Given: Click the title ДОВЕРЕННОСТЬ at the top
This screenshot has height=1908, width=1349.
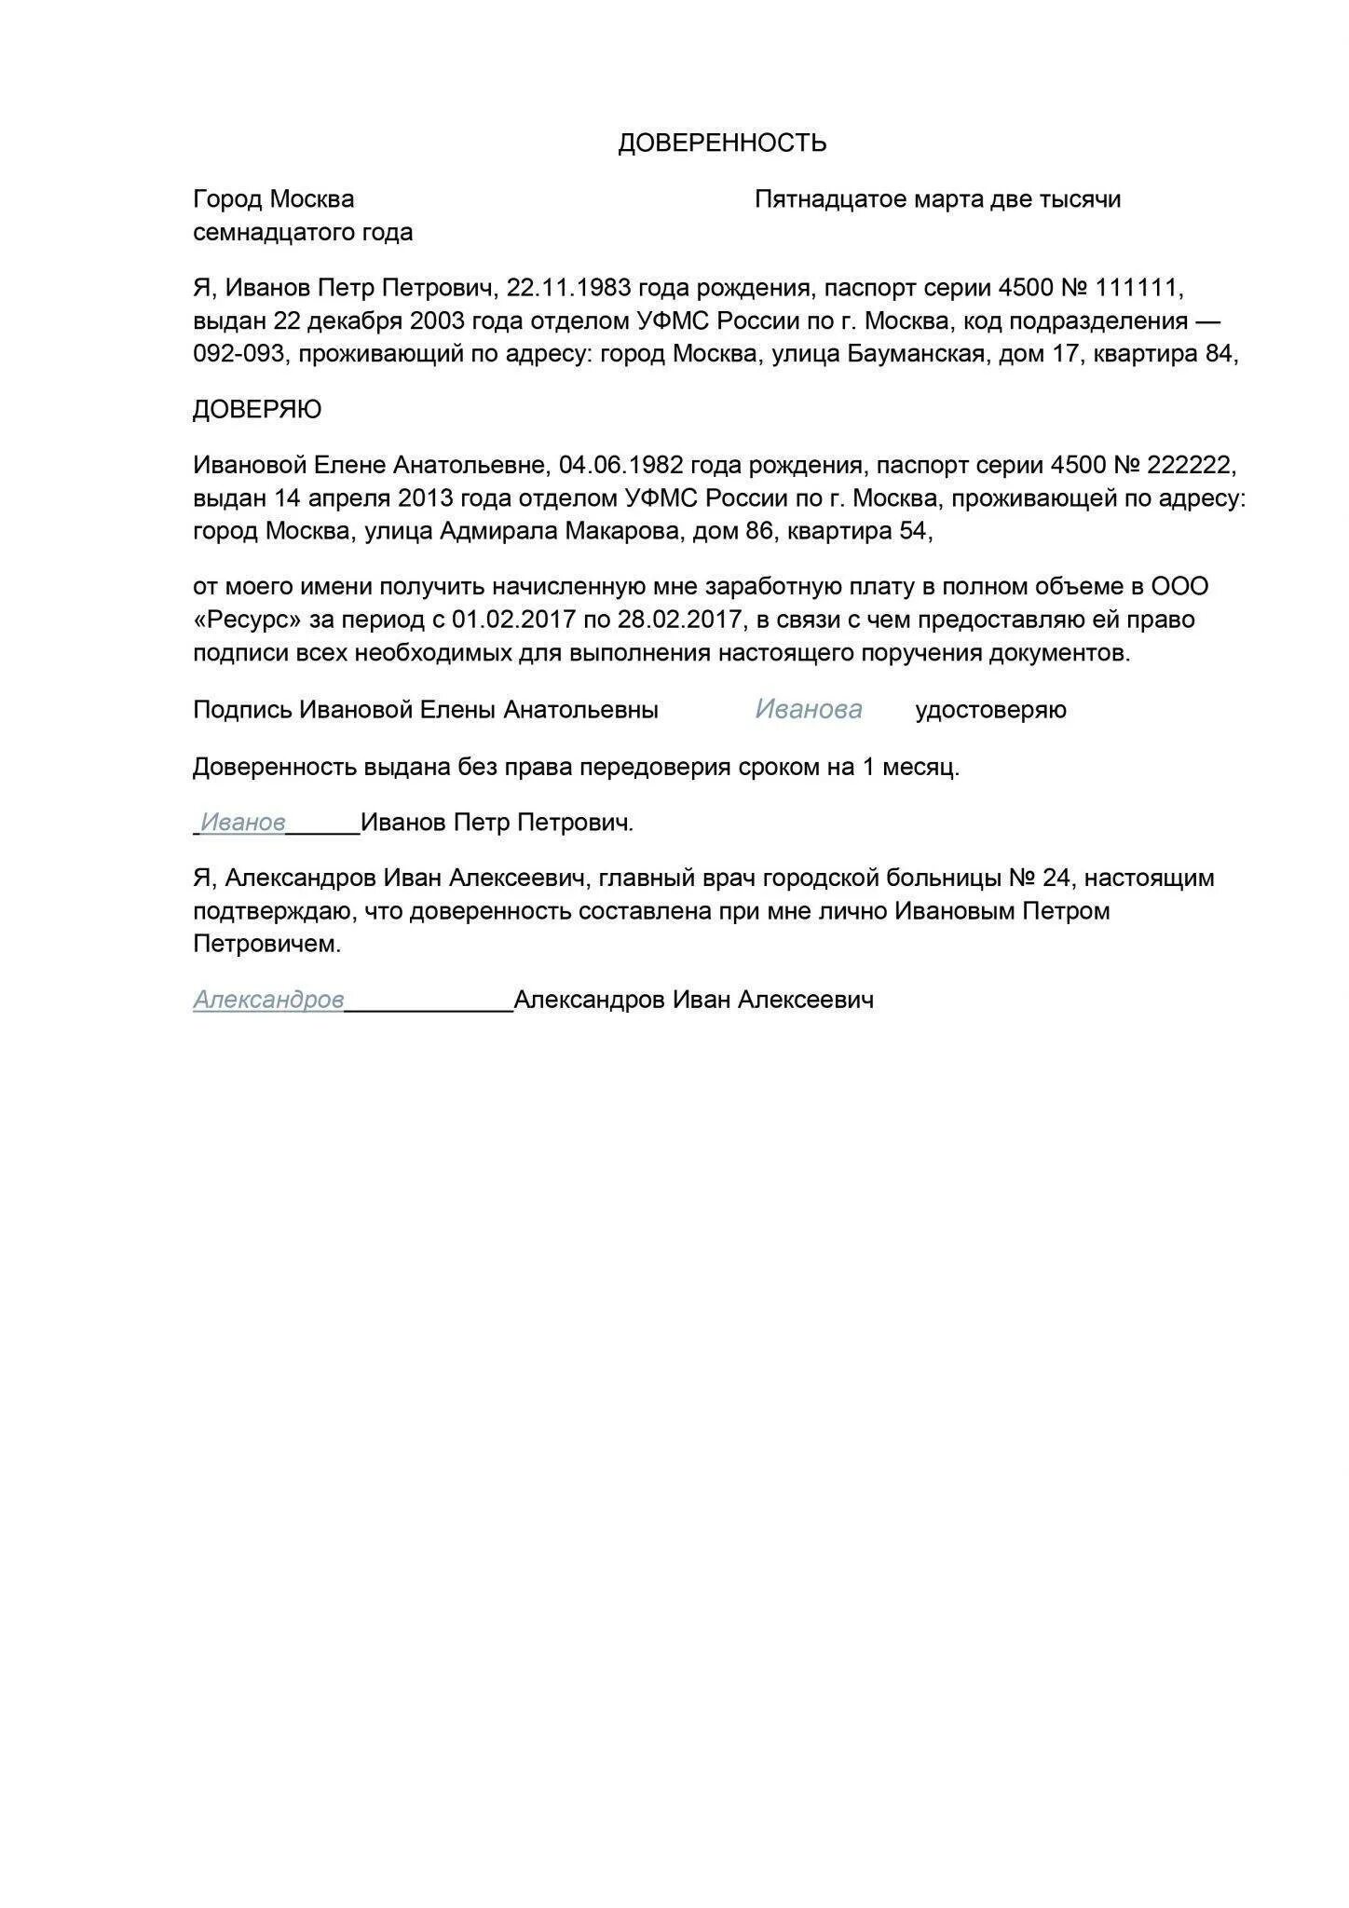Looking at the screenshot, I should (x=722, y=143).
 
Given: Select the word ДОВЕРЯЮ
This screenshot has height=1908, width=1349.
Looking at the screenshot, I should (x=257, y=410).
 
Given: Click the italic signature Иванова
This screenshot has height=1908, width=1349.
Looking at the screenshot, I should (x=808, y=710).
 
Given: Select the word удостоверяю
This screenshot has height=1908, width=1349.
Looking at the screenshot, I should (x=990, y=711).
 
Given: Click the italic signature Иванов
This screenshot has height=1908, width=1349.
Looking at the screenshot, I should (x=243, y=823).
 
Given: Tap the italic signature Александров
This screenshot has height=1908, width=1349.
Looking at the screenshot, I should (x=268, y=1001).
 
